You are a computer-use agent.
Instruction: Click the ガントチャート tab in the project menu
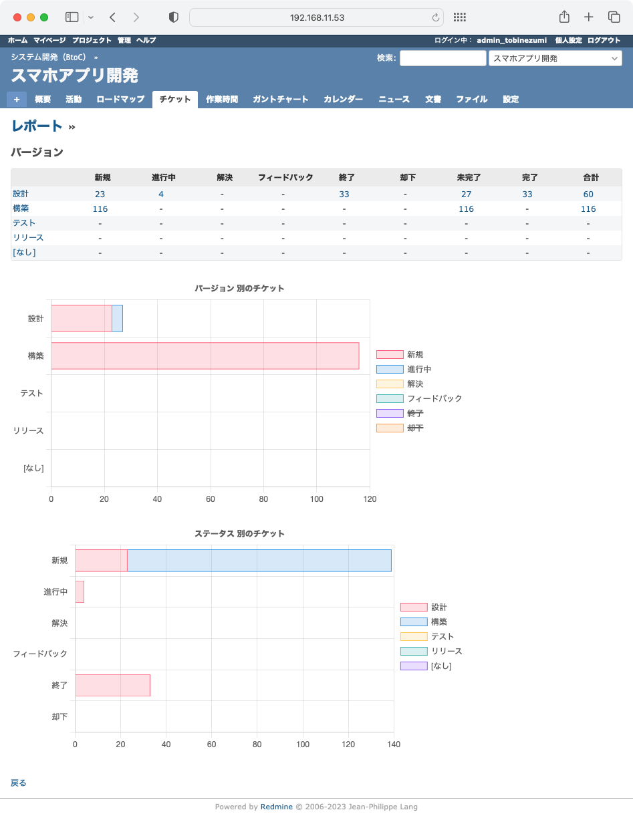(x=280, y=99)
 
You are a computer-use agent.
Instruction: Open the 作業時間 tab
(x=221, y=99)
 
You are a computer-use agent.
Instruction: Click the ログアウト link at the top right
(x=604, y=40)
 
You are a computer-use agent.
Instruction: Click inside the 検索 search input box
(x=442, y=58)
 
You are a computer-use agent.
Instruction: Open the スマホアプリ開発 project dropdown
(x=555, y=58)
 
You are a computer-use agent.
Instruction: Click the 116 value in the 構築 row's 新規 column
(x=100, y=209)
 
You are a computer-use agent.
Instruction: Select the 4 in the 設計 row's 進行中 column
(x=161, y=194)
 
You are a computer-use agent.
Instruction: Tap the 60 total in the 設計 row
(x=588, y=194)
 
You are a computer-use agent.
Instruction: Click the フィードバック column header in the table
(x=285, y=178)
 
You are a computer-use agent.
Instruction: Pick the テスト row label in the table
(x=24, y=223)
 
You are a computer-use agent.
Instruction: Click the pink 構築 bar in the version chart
(x=205, y=356)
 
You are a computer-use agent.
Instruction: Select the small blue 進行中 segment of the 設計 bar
(x=117, y=318)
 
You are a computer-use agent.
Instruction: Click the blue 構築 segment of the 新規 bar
(x=259, y=561)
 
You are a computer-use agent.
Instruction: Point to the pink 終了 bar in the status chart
(x=112, y=685)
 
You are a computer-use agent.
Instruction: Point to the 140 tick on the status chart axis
(x=394, y=744)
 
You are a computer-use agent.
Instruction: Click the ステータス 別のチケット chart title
(x=239, y=533)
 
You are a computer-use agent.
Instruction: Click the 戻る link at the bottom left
(x=19, y=783)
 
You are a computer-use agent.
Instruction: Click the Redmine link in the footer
(x=276, y=807)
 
